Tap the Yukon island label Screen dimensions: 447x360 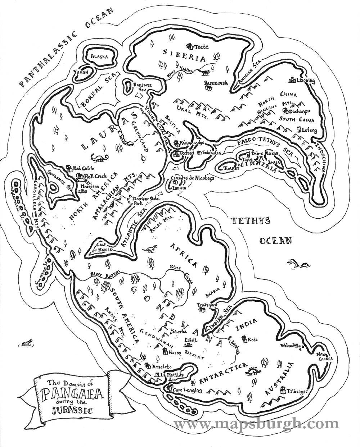pos(81,73)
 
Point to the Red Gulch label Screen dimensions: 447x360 pos(84,168)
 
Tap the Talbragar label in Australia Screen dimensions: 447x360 pos(297,391)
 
